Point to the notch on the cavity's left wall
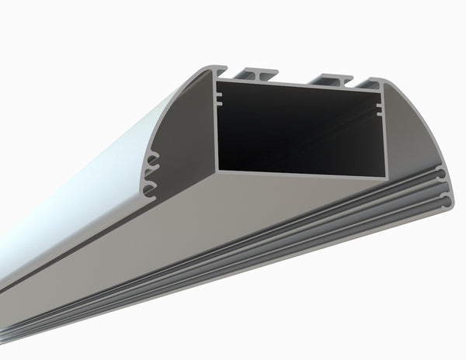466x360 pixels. [219, 99]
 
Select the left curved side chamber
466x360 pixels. [183, 132]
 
